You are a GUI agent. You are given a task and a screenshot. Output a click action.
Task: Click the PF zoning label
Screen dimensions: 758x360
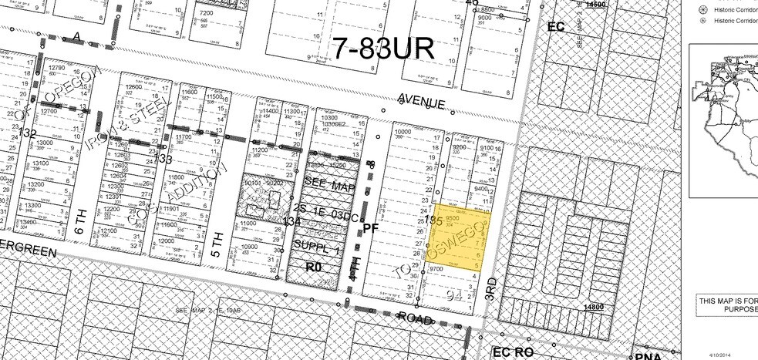coord(371,227)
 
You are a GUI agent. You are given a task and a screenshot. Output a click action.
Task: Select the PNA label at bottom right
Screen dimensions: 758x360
coord(642,355)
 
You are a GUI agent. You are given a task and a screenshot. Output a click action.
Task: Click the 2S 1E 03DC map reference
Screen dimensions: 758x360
coord(325,218)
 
